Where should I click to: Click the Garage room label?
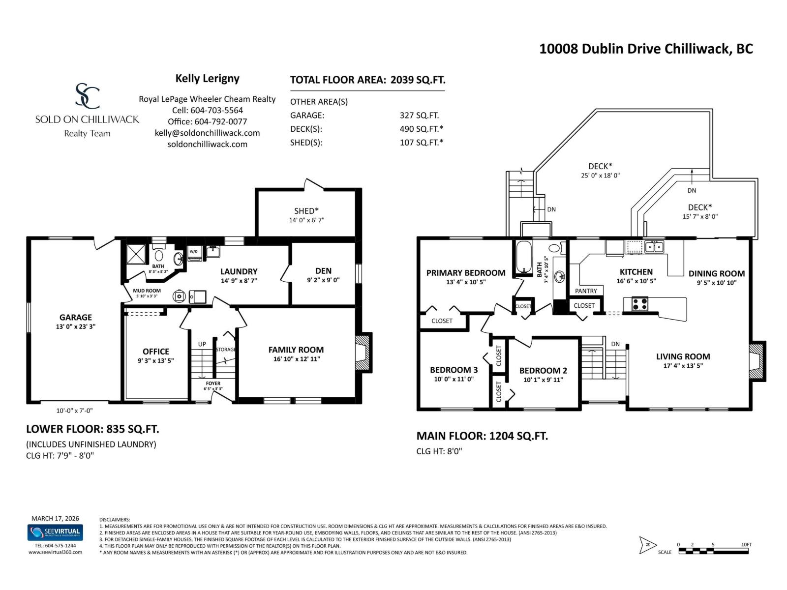pos(76,318)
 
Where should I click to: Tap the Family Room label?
pos(296,350)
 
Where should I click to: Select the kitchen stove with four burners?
pos(640,304)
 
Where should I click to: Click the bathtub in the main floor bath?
pos(523,256)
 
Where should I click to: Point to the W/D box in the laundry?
pos(194,252)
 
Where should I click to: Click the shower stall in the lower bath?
pos(137,253)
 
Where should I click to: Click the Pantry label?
pos(586,291)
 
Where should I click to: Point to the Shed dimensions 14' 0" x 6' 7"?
pos(306,220)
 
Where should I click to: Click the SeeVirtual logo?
pos(55,532)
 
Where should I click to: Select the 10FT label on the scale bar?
pos(746,544)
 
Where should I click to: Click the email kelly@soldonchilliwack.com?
pos(207,133)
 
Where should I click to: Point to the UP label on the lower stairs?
pos(202,344)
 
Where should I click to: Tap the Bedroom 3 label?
pos(454,370)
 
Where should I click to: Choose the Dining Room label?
pos(716,274)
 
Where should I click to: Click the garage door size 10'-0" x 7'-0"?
pos(74,411)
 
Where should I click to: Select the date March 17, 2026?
pos(55,518)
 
